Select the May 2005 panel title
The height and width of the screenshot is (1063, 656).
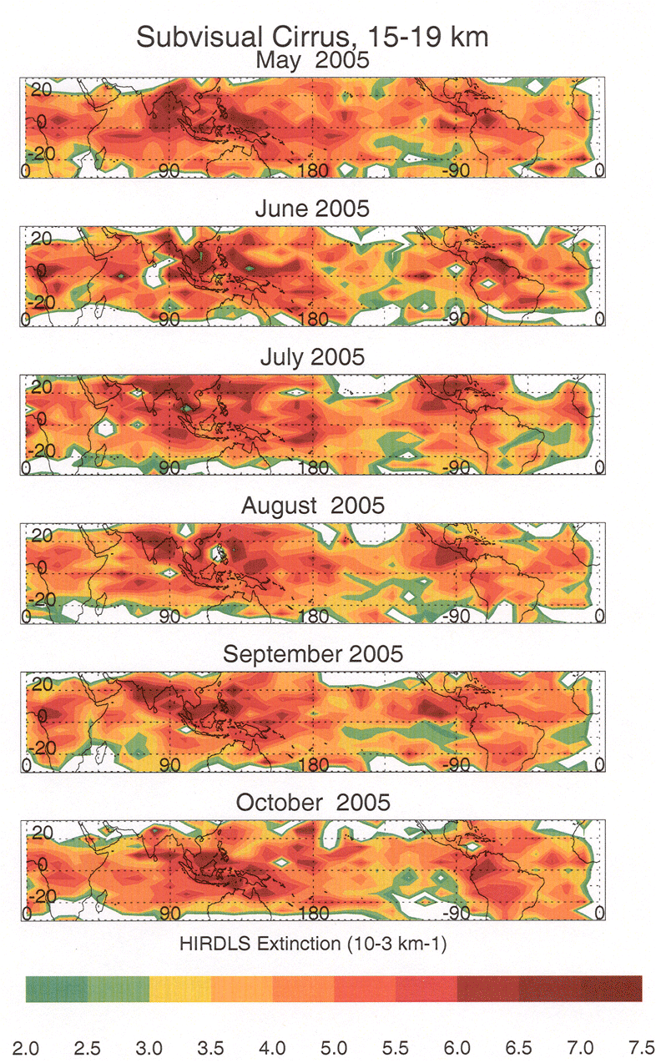tap(312, 61)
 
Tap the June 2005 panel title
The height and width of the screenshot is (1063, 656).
tap(312, 209)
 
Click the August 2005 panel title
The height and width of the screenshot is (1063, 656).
tap(312, 506)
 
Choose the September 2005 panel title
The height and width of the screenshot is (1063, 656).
tap(312, 654)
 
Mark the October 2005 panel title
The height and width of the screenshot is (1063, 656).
tap(312, 803)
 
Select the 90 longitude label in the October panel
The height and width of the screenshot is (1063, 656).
tap(169, 914)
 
